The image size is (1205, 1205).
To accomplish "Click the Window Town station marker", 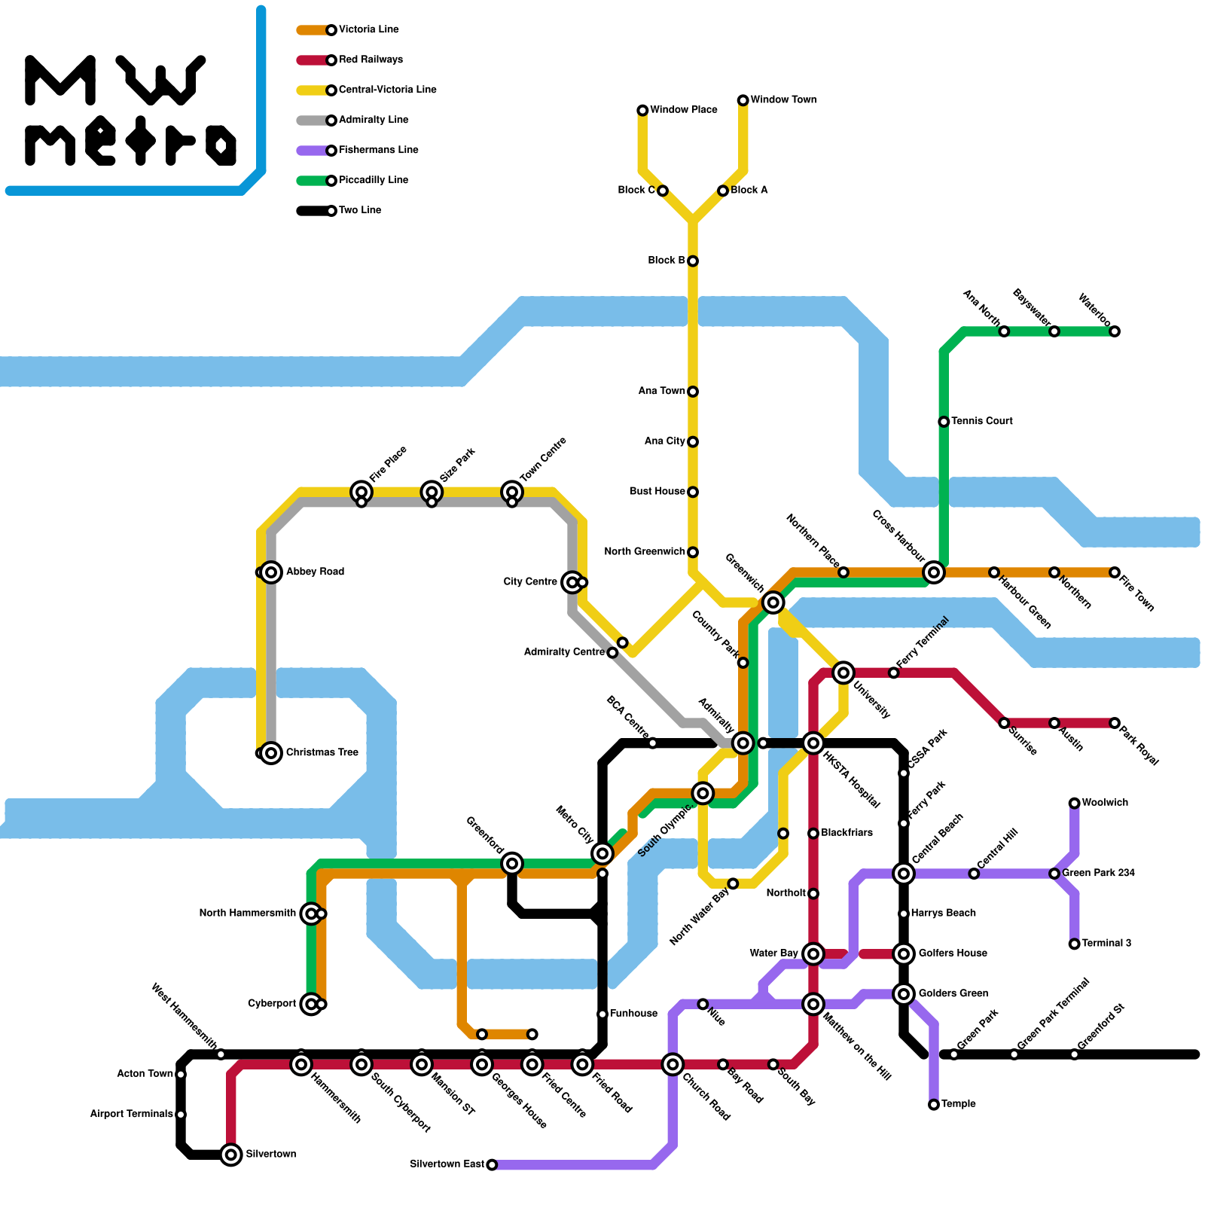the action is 743,100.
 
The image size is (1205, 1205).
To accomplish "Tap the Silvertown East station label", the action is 447,1164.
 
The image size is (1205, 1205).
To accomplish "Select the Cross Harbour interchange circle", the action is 934,572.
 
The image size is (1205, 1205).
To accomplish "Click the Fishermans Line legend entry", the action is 378,150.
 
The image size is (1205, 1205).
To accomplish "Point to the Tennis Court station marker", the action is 944,422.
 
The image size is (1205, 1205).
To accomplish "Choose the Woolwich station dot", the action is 1075,804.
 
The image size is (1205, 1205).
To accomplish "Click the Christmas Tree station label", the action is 322,752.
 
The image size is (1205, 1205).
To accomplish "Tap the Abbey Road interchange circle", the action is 271,572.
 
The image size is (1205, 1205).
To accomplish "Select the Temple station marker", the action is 934,1105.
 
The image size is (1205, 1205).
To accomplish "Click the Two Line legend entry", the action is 360,210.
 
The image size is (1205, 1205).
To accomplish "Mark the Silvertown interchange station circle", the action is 231,1155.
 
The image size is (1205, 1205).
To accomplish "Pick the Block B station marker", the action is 693,261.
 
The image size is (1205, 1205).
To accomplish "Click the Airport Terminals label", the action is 131,1114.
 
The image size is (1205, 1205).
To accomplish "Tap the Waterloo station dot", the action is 1115,331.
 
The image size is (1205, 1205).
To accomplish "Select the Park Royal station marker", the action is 1115,723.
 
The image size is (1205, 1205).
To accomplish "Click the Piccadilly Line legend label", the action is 373,180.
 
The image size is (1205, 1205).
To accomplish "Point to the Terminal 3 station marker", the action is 1075,944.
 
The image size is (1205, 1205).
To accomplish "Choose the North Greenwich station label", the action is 645,552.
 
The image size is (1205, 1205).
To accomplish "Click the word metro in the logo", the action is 132,141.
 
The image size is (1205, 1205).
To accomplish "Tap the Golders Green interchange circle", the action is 904,994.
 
